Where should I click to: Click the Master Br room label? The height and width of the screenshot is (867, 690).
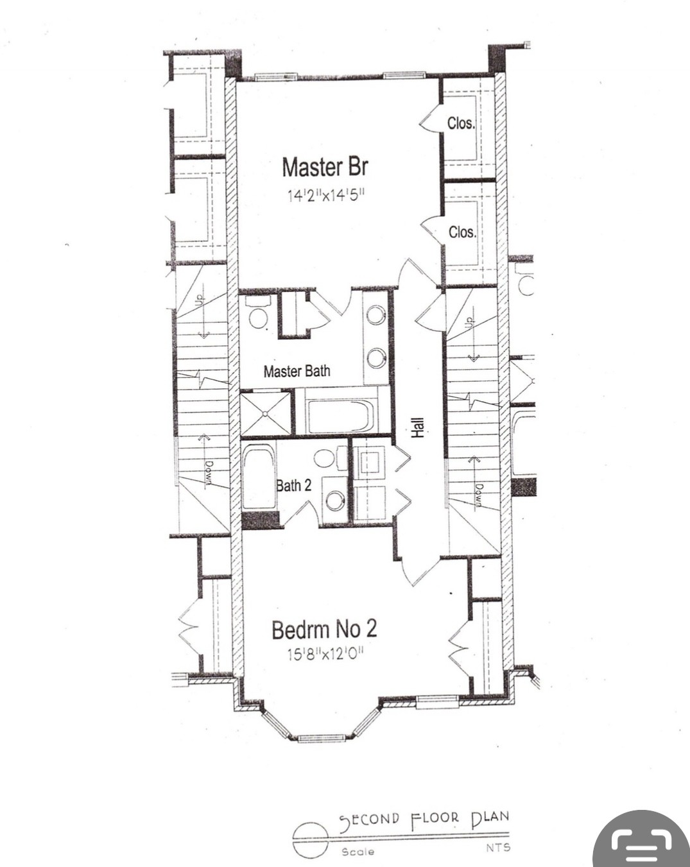point(325,167)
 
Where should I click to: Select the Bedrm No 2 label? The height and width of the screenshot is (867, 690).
point(324,630)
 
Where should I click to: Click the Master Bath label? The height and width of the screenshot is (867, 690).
point(297,371)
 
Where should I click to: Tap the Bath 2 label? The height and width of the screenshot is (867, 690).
point(294,485)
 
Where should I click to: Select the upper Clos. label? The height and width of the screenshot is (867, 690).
point(461,123)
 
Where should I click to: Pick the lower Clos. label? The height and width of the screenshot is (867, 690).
point(462,232)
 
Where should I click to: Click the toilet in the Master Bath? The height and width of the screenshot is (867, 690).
point(257,313)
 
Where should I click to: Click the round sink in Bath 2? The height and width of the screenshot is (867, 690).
point(335,501)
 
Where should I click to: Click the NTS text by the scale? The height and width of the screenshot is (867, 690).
point(497,847)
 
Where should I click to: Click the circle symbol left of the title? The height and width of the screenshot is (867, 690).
point(310,838)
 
